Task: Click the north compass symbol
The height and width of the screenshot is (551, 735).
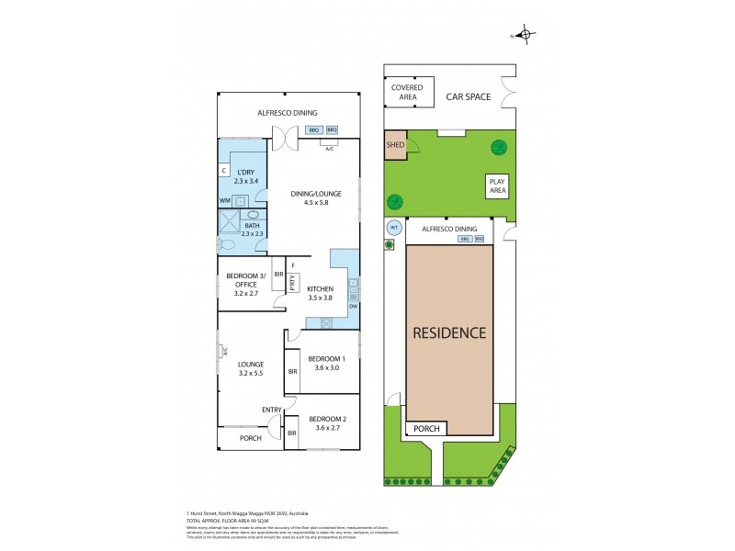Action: [526, 36]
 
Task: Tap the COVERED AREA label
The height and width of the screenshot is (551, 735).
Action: [407, 93]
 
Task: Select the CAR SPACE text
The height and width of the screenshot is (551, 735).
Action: [469, 96]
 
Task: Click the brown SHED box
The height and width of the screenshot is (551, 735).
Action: [395, 145]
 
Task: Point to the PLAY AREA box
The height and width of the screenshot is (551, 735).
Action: [497, 186]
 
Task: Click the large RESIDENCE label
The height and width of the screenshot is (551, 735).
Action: [449, 332]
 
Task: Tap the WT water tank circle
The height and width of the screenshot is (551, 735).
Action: [393, 227]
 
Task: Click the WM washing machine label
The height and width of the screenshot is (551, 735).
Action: [225, 200]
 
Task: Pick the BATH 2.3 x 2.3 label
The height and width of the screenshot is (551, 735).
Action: [252, 230]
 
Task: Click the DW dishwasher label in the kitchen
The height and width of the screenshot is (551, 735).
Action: [352, 305]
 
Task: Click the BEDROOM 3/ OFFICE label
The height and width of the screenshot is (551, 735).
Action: [243, 284]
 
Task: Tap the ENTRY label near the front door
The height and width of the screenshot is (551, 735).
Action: [272, 410]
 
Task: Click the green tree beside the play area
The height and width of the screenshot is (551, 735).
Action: [499, 146]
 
